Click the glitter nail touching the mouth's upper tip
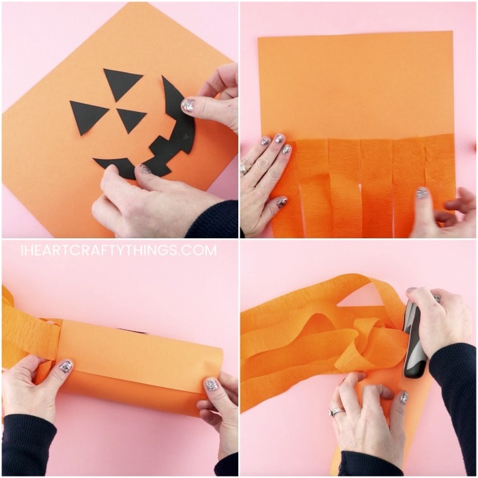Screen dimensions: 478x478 coord(188,105)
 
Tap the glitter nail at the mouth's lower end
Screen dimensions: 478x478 coord(145,169)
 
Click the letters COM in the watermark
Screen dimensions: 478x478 coord(201,251)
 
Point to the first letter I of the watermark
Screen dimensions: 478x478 coord(23,251)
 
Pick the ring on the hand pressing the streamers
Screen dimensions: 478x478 coord(244,169)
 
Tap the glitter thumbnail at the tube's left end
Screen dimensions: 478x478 coord(66,367)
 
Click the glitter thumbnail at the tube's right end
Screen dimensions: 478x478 coord(211,384)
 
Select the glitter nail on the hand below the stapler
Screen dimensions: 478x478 coord(404,397)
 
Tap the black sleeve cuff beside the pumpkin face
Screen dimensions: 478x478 coord(212,219)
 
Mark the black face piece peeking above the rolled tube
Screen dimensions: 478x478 coord(131,329)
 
